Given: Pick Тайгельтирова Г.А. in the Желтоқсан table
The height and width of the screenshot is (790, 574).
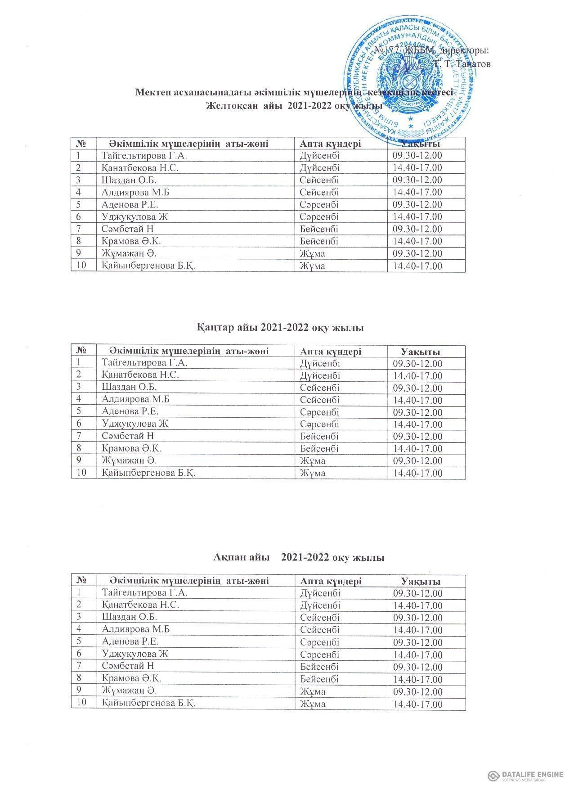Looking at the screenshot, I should (143, 156).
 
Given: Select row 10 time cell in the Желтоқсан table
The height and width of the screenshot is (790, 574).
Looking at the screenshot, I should (417, 266).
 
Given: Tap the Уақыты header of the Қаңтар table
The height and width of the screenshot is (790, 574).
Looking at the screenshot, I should (421, 352).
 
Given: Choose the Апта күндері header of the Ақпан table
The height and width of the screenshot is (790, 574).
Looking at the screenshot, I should (331, 581).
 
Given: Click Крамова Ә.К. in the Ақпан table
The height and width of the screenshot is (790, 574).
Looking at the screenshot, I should (132, 678).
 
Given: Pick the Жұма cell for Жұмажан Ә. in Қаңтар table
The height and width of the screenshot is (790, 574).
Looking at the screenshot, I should (312, 461).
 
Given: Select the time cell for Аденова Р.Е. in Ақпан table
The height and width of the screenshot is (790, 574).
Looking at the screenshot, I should (417, 642).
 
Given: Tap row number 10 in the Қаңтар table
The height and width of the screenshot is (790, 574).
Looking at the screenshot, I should (81, 473).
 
